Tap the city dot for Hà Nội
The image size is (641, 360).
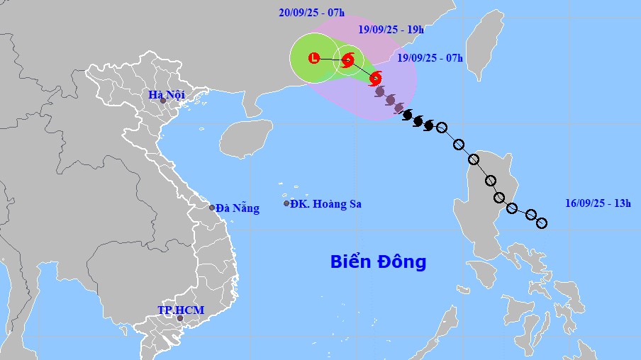pyautogui.click(x=162, y=101)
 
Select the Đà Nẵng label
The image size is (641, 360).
pyautogui.click(x=238, y=208)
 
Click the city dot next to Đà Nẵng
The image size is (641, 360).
pyautogui.click(x=212, y=208)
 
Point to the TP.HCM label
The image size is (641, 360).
pyautogui.click(x=175, y=310)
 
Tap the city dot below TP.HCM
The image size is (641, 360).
pyautogui.click(x=179, y=318)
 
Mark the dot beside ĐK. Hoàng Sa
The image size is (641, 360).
pyautogui.click(x=286, y=203)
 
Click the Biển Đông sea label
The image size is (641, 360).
pyautogui.click(x=378, y=262)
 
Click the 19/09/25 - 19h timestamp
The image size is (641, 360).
pyautogui.click(x=390, y=30)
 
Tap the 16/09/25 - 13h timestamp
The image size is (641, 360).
pyautogui.click(x=598, y=203)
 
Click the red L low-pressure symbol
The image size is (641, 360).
pyautogui.click(x=314, y=58)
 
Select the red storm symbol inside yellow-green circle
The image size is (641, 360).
pyautogui.click(x=347, y=60)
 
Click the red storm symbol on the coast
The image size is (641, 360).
pyautogui.click(x=376, y=78)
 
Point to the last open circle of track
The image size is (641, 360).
pyautogui.click(x=542, y=223)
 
